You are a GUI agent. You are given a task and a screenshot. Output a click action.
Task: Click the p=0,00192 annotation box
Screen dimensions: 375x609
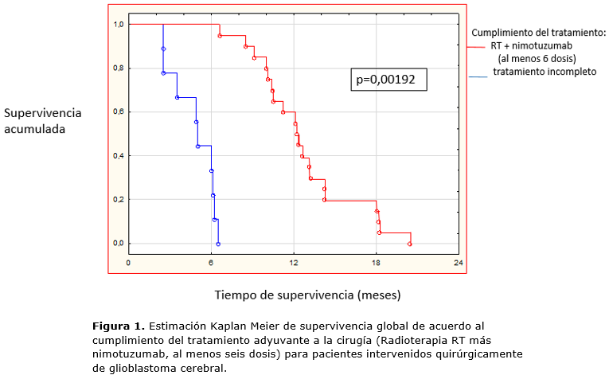(388, 80)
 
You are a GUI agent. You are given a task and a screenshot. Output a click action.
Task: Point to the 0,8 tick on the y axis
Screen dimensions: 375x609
(118, 68)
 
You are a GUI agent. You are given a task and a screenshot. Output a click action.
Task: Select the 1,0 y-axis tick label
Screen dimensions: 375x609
(118, 25)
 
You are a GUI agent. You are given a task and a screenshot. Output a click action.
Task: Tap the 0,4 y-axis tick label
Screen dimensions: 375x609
(118, 156)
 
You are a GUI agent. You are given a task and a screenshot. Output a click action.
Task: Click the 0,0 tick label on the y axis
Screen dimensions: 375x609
(118, 244)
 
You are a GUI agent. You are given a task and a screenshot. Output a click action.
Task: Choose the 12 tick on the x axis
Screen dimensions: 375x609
(294, 262)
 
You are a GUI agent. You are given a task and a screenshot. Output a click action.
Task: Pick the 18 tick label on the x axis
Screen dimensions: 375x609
(376, 262)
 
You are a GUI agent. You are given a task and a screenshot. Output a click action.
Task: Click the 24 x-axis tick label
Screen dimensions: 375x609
(458, 262)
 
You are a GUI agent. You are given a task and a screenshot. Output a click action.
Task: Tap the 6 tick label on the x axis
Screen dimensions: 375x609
(211, 262)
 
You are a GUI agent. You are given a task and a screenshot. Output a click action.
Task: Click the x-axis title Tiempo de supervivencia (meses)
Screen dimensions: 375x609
(307, 295)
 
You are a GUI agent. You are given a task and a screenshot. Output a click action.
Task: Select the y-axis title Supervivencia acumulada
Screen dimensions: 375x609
(42, 119)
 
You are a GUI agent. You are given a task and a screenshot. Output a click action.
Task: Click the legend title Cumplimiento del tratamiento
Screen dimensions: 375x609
(539, 33)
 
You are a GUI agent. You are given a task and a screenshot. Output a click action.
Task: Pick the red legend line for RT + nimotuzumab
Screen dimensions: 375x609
(476, 46)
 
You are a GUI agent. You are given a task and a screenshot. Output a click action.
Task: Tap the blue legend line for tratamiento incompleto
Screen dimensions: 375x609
(478, 76)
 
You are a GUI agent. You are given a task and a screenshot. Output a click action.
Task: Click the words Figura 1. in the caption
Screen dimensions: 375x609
(118, 326)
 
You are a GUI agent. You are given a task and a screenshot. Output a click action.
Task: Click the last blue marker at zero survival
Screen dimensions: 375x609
(218, 244)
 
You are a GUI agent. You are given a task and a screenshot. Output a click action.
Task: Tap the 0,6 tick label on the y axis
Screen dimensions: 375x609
(118, 112)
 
